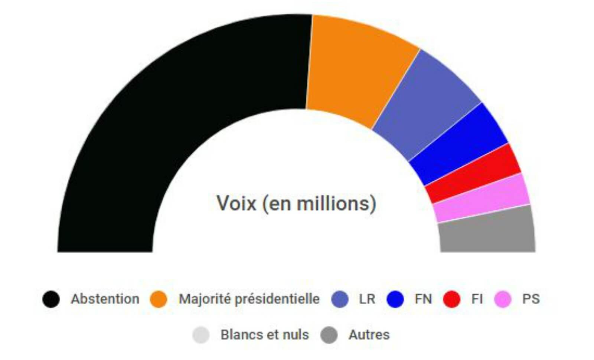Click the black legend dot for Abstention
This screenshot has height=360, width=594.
click(51, 299)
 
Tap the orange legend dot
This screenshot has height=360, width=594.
click(159, 299)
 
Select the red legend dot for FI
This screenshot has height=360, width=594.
click(451, 299)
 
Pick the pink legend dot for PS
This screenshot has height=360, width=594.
click(503, 299)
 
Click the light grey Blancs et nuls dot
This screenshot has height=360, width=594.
click(201, 335)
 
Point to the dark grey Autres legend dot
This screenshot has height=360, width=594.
click(329, 335)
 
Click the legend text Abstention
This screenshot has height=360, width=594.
click(105, 299)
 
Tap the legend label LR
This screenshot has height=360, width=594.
click(367, 299)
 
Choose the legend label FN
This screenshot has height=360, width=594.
click(423, 299)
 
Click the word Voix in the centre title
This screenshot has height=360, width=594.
click(236, 203)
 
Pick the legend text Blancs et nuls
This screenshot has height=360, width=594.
click(264, 335)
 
